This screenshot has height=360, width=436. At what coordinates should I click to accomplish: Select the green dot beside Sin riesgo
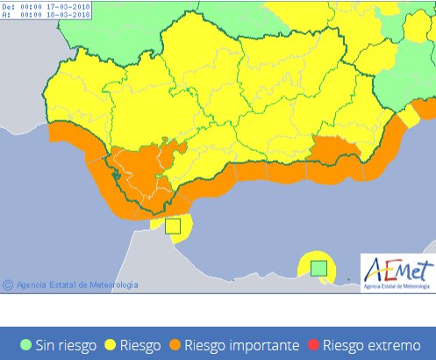(x=26, y=345)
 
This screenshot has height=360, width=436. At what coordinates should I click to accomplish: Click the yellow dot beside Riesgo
(x=111, y=345)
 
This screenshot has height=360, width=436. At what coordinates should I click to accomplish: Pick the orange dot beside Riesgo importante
(x=175, y=345)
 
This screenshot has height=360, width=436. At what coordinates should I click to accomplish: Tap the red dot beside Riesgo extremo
(x=314, y=345)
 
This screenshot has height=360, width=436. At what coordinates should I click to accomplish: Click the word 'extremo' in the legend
(x=402, y=345)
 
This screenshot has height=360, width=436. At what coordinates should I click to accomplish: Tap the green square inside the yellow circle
(x=318, y=267)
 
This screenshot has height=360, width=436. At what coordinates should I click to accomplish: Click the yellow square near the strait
(x=173, y=226)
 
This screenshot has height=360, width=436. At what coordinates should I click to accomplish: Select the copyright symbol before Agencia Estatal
(x=8, y=284)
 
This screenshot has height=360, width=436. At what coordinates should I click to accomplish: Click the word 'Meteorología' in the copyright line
(x=111, y=284)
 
